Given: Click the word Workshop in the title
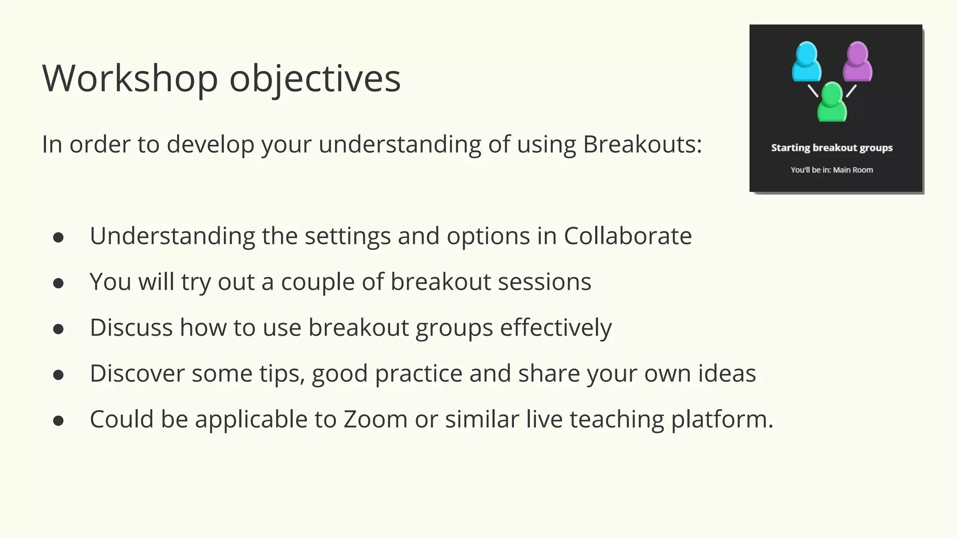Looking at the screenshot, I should click(x=130, y=78).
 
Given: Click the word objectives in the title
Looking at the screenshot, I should click(x=314, y=78).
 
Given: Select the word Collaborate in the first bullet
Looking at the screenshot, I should click(x=627, y=235).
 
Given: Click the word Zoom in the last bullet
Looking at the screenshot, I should click(x=375, y=419).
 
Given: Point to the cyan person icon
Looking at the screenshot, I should click(x=806, y=62).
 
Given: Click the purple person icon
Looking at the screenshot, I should click(x=857, y=62).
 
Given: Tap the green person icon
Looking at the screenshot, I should click(x=832, y=102).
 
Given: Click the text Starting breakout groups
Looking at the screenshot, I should click(x=831, y=148).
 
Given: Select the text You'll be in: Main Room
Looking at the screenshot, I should click(x=831, y=170).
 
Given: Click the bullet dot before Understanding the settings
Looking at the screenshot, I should click(x=58, y=237).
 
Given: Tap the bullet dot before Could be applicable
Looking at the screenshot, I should click(x=58, y=421).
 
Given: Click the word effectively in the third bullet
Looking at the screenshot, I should click(x=556, y=327).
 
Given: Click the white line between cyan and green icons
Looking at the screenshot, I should click(x=813, y=91).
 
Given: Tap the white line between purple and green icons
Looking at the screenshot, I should click(x=851, y=91).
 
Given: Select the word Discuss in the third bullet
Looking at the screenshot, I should click(x=131, y=327).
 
